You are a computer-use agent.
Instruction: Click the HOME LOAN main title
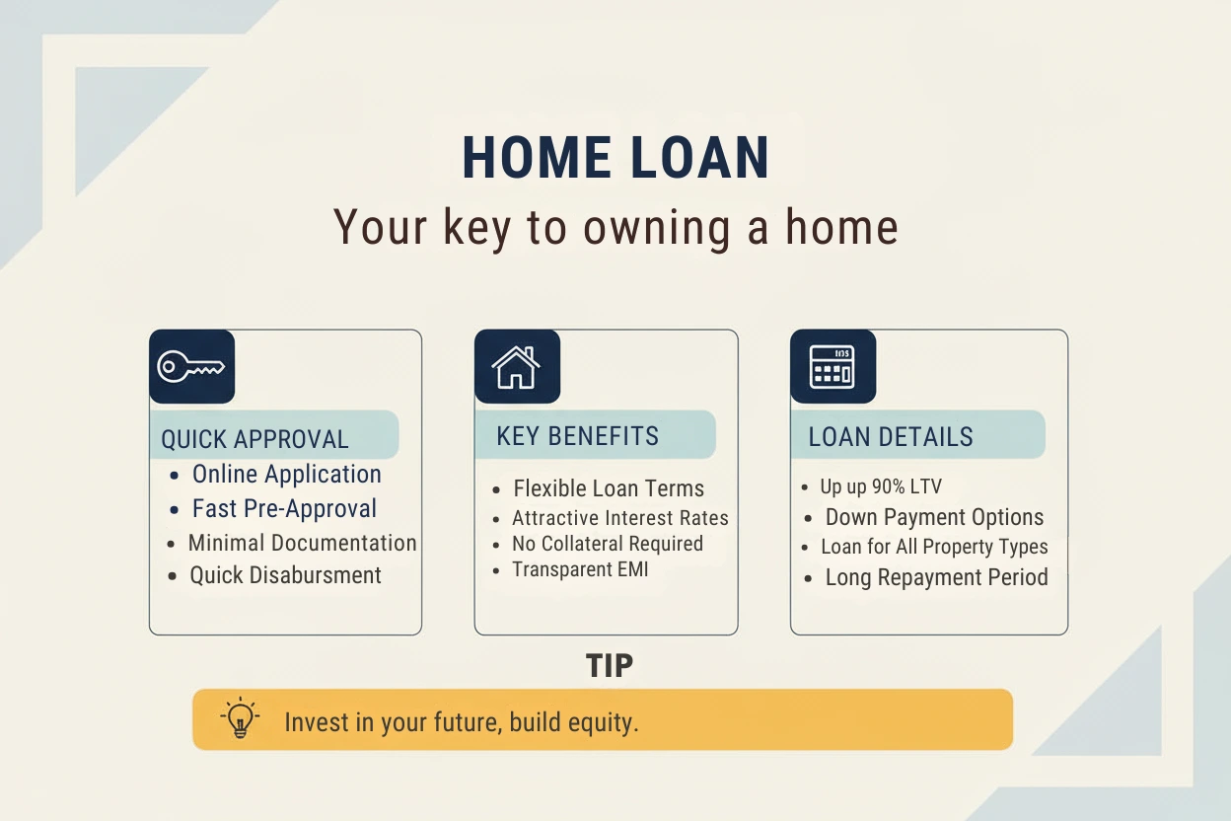pos(615,158)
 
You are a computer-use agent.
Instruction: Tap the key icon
pos(190,367)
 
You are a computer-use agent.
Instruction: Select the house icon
pos(516,367)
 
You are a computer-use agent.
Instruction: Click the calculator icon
pos(833,367)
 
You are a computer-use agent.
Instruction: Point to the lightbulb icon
pos(240,717)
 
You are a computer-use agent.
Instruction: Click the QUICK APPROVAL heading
pos(254,439)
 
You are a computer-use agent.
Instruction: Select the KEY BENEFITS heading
pos(577,436)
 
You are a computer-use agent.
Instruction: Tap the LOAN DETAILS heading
pos(891,437)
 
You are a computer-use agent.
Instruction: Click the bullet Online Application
pos(286,475)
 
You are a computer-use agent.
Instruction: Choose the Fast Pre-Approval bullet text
pos(284,508)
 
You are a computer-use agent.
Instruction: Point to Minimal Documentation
pos(302,544)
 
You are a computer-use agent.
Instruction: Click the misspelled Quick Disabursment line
pos(285,575)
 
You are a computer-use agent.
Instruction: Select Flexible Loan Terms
pos(609,488)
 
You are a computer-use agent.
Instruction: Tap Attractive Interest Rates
pos(619,518)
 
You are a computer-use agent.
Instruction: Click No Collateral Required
pos(608,544)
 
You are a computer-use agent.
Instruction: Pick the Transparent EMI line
pos(580,569)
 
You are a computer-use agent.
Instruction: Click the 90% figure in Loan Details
pos(888,486)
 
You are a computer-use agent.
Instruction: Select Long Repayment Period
pos(936,577)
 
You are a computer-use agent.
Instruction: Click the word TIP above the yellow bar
pos(609,666)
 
